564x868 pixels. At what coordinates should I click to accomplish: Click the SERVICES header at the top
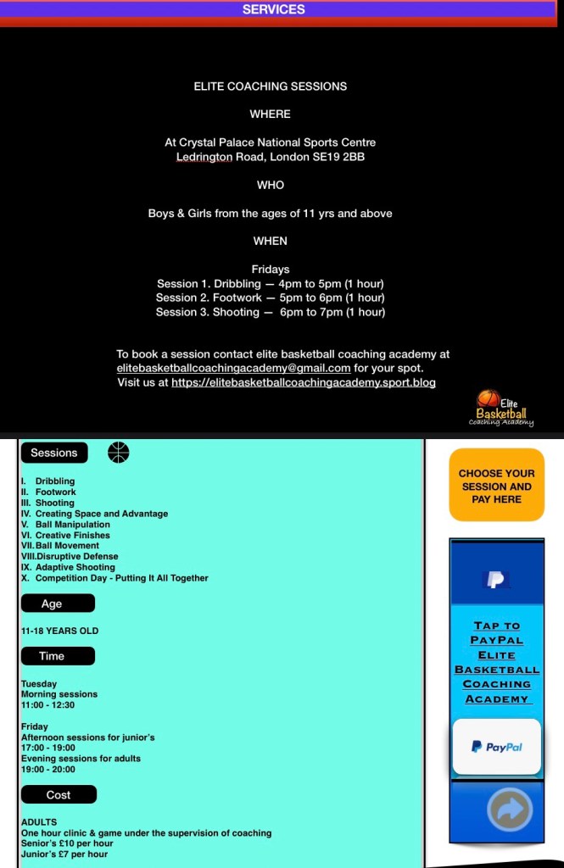pos(273,9)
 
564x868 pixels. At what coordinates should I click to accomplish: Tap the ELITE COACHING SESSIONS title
pos(270,86)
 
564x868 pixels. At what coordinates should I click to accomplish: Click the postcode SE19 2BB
pos(342,157)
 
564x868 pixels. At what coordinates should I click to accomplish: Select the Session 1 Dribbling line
pos(270,284)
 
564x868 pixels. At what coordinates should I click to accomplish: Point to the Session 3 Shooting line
pos(270,312)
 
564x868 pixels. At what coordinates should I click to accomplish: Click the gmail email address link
pos(233,369)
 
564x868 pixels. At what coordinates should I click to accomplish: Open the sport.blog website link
pos(303,383)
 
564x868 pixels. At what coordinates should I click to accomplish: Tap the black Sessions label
pos(54,453)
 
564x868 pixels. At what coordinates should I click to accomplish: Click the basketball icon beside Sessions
pos(119,453)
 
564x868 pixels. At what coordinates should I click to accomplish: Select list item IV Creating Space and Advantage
pos(95,514)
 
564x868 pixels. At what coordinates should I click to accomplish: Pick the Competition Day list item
pos(114,578)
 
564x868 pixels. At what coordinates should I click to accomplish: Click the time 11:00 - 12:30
pos(47,704)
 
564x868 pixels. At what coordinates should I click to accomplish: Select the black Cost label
pos(59,795)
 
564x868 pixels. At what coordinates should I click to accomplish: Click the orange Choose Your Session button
pos(496,486)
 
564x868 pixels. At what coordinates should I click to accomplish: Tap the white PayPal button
pos(496,747)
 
